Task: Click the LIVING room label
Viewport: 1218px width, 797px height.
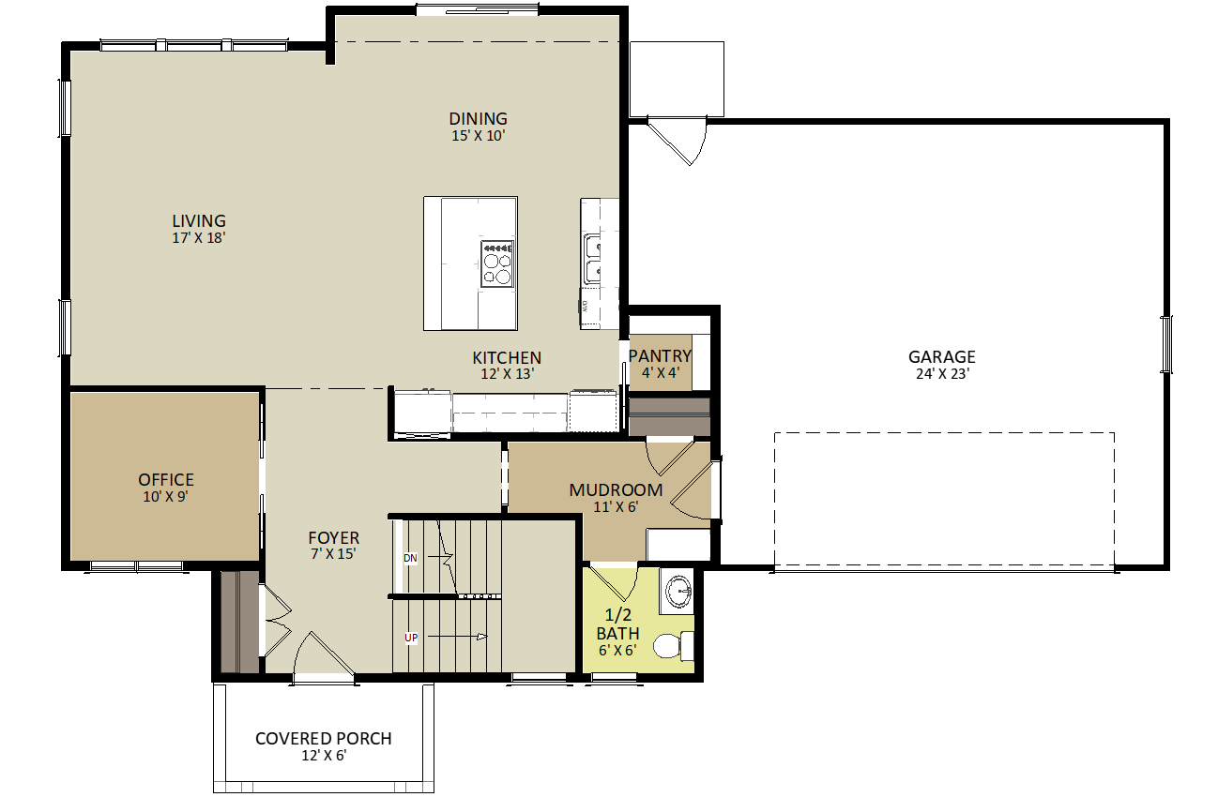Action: [198, 221]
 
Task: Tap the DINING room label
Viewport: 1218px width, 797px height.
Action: [478, 119]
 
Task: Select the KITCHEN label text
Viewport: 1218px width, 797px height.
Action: [506, 358]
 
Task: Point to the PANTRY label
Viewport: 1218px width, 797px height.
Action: [660, 356]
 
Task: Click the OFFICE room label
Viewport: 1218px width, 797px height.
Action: [166, 480]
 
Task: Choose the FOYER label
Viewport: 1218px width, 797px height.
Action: [333, 538]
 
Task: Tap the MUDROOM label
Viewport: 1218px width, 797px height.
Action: [616, 490]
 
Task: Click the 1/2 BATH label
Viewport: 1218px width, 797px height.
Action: [617, 624]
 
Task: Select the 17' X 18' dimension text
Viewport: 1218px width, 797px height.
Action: [198, 239]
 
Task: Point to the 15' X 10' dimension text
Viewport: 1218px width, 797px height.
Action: [479, 136]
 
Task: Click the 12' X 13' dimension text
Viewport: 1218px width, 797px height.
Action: [507, 374]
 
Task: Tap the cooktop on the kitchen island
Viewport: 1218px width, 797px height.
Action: [497, 263]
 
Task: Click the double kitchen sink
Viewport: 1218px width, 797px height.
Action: [593, 259]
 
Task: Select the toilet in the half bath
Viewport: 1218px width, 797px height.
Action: [670, 647]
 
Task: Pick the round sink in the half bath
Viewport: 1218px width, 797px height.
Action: [676, 591]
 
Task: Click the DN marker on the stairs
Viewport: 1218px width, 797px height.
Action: [410, 559]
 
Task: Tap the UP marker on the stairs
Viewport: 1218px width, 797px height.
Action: [410, 639]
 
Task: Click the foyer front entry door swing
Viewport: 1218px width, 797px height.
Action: [324, 652]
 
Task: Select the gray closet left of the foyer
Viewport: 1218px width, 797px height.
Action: [239, 622]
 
